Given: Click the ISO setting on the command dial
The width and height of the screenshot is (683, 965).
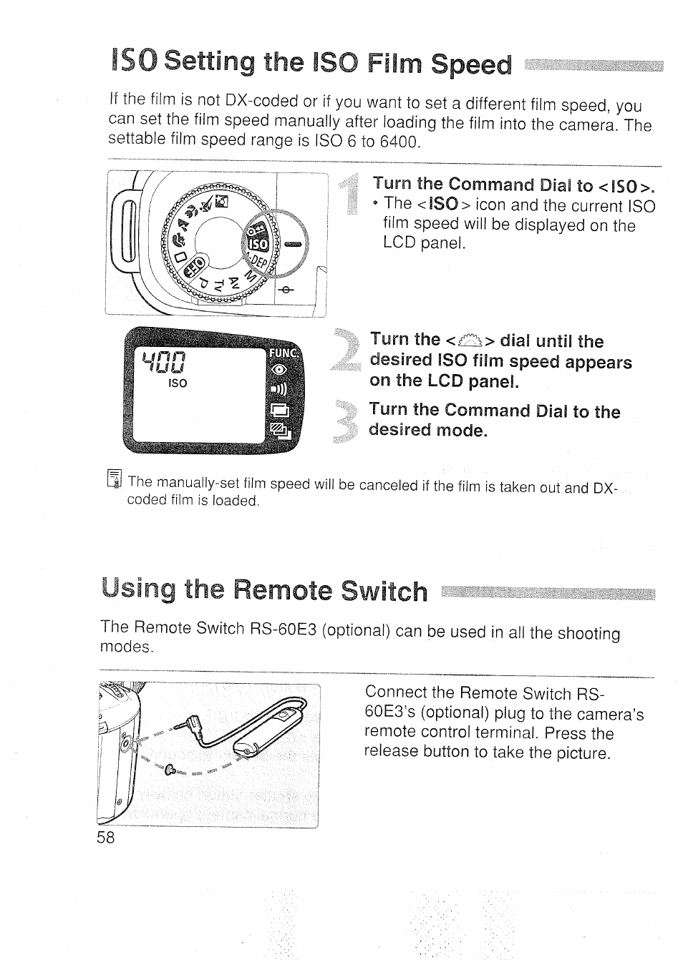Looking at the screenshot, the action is pyautogui.click(x=258, y=244).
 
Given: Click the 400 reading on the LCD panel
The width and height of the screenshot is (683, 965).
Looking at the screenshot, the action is pyautogui.click(x=165, y=356).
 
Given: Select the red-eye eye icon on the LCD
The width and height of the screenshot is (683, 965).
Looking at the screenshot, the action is pyautogui.click(x=278, y=370).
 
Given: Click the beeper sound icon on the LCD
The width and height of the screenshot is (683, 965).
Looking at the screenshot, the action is pyautogui.click(x=278, y=389).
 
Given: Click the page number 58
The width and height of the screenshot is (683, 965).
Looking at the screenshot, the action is pyautogui.click(x=105, y=838).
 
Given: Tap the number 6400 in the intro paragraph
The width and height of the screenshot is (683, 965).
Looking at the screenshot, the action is pyautogui.click(x=397, y=142).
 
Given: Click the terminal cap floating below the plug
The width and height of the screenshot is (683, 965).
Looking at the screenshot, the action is pyautogui.click(x=170, y=770).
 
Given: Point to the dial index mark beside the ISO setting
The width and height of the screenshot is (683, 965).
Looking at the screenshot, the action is pyautogui.click(x=293, y=244).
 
